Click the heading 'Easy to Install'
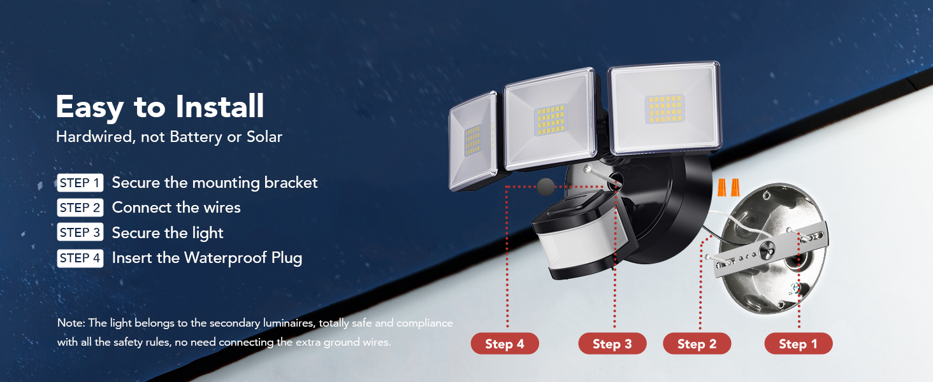coord(160,108)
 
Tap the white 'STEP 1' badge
coord(80,183)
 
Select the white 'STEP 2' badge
coord(80,208)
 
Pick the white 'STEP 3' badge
coord(80,232)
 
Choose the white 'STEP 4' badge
coord(80,258)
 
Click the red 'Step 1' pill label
coord(799,344)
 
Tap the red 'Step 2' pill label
coord(697,344)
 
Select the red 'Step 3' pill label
coord(612,344)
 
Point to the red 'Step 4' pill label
coord(505,344)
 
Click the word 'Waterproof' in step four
coord(226,258)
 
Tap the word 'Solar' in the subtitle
coord(264,137)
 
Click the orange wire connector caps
coord(728,187)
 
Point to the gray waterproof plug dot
coord(546,187)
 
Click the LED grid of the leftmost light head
coord(472,140)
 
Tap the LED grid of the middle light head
coord(551,120)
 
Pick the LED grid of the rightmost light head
coord(665,109)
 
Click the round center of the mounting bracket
coord(767,250)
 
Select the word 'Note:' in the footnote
coord(71,323)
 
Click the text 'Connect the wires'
coord(176,208)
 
